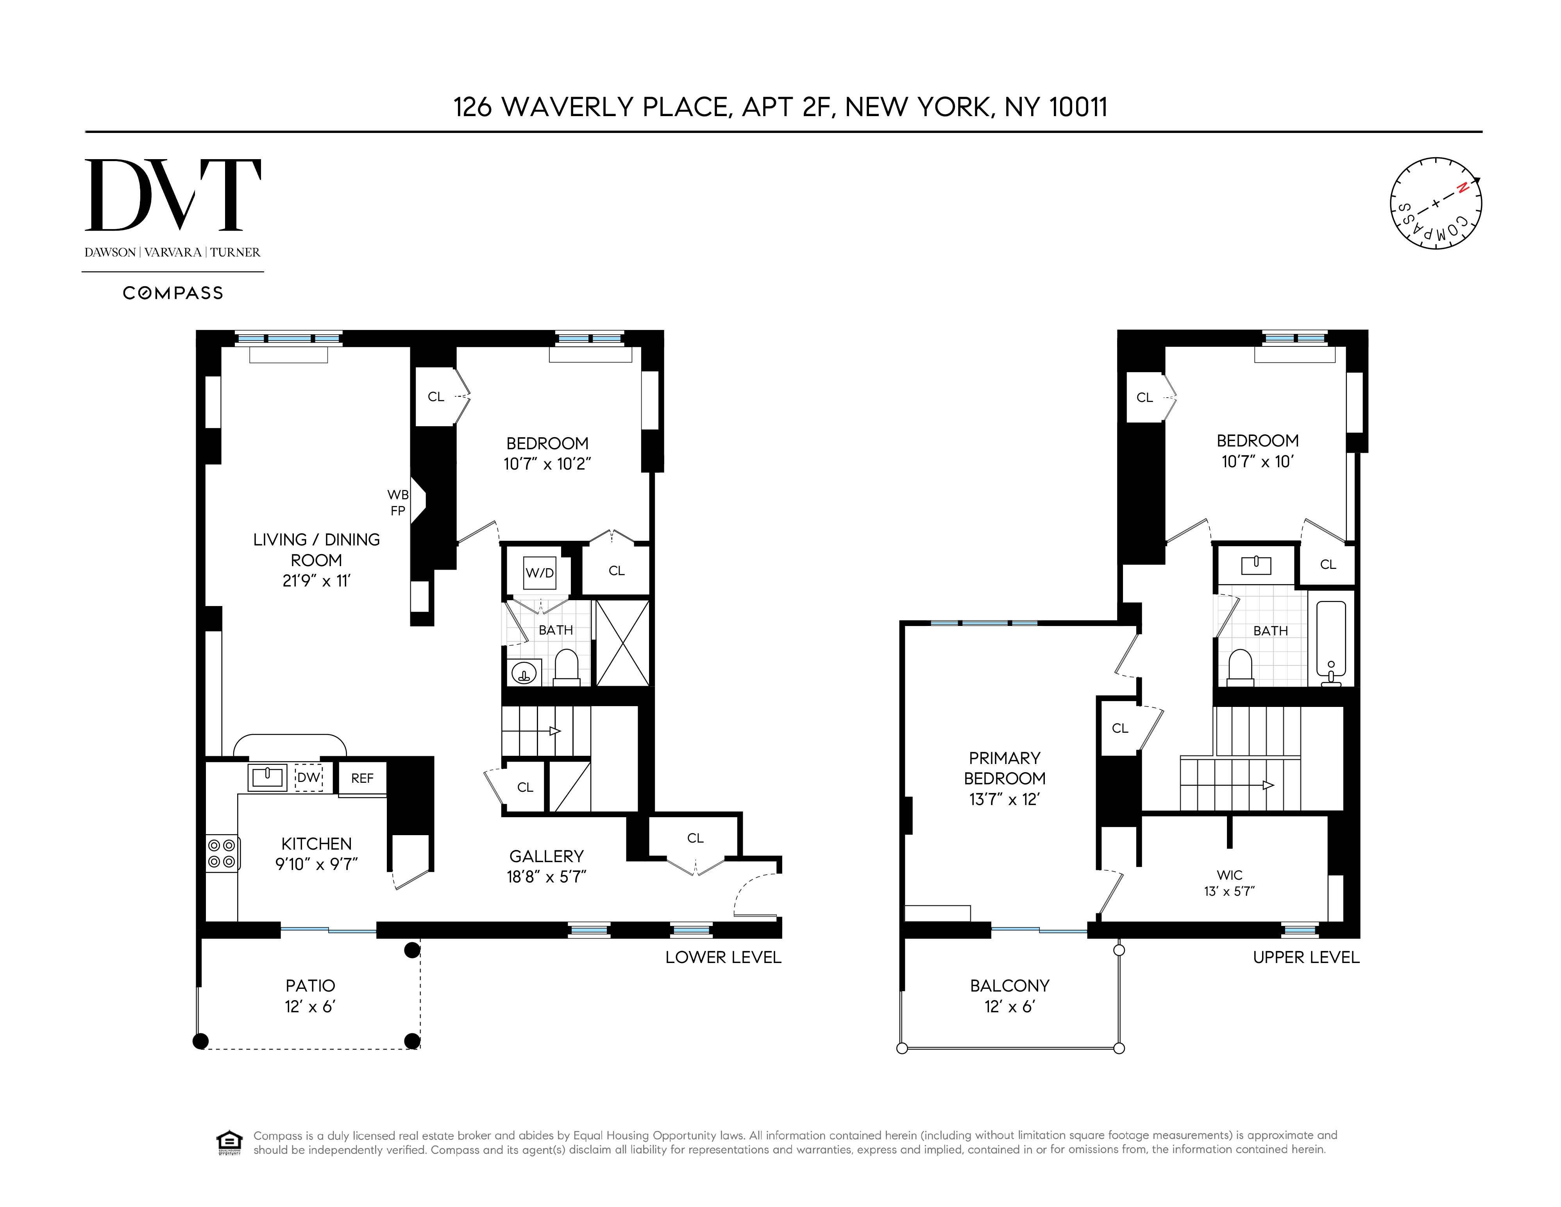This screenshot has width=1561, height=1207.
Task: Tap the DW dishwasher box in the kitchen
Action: coord(309,777)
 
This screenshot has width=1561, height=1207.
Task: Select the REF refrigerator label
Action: coord(362,778)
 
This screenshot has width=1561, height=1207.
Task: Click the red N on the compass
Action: coord(1463,188)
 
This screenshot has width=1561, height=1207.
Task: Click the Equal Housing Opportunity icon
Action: coord(229,1142)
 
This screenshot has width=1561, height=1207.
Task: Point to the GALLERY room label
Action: coord(546,856)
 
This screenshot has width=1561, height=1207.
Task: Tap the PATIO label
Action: coord(310,985)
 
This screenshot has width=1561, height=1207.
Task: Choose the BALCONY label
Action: coord(1009,985)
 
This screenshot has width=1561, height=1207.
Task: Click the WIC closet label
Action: coord(1229,875)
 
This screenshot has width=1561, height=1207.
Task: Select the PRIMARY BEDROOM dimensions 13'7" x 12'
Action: coord(1004,800)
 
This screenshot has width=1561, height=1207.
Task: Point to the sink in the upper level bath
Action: coord(1256,565)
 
